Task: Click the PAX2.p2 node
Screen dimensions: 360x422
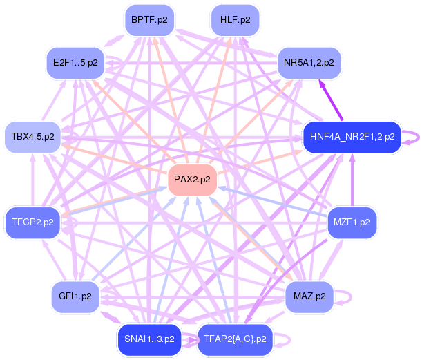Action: (x=192, y=180)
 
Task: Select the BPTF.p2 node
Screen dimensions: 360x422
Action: (x=153, y=20)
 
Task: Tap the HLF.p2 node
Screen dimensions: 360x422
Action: (x=235, y=20)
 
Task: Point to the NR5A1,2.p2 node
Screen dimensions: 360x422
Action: (x=309, y=63)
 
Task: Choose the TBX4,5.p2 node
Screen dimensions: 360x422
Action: (x=33, y=137)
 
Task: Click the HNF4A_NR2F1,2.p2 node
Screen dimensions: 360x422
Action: (x=352, y=137)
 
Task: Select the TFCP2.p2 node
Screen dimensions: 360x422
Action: (x=33, y=222)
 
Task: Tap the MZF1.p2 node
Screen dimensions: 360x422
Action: (x=352, y=222)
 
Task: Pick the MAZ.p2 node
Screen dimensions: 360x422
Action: (x=309, y=296)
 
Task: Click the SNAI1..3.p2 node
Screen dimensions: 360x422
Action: (x=150, y=339)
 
